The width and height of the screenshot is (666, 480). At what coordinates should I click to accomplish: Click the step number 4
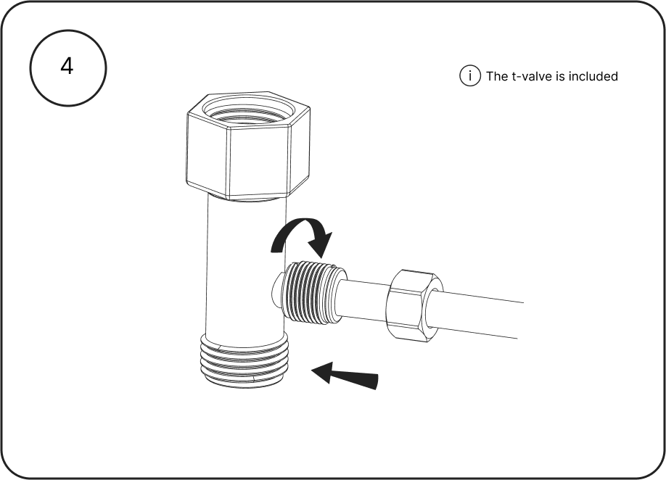[67, 66]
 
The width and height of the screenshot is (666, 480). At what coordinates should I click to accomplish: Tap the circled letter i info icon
[470, 76]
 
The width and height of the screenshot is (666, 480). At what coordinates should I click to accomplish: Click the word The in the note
[496, 76]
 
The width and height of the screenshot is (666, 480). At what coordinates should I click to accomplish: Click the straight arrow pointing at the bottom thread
[345, 374]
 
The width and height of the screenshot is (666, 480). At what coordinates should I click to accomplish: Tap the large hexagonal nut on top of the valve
[248, 145]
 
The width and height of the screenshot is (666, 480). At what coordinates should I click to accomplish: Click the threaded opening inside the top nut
[248, 110]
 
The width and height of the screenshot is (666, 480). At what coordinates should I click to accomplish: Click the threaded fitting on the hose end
[312, 291]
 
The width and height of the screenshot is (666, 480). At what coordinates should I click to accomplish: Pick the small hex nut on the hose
[414, 304]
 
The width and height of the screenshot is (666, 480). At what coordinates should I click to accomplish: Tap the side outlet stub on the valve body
[276, 291]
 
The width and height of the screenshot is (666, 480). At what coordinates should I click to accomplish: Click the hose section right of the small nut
[478, 313]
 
